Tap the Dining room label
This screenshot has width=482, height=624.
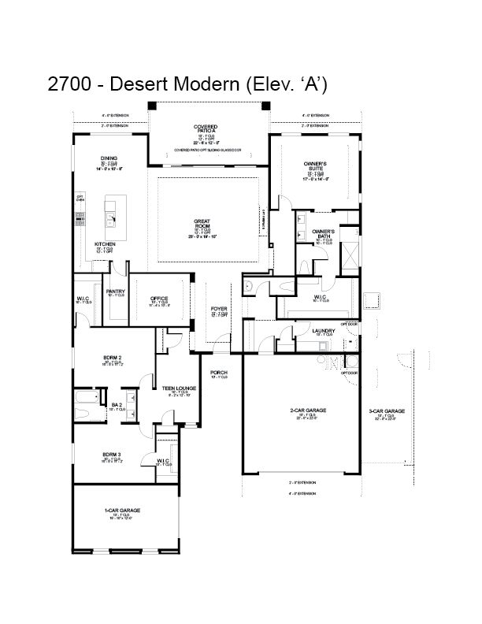coord(109,158)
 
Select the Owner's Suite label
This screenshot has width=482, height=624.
coord(315,165)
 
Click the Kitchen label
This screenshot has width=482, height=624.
coord(106,244)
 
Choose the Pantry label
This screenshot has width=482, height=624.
coord(117,292)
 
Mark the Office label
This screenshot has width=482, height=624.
coord(159,299)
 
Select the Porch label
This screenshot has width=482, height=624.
coord(219,372)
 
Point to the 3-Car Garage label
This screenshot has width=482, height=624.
coord(387,410)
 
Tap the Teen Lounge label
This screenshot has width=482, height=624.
coord(179,388)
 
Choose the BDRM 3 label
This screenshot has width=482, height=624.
coord(111,455)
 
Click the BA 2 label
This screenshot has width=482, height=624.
coord(117,405)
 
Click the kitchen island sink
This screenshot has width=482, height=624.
coord(110,208)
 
